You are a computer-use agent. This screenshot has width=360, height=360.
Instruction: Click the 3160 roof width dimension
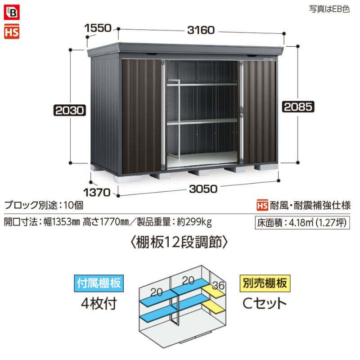(201, 30)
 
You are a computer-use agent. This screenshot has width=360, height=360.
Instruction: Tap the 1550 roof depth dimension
(98, 28)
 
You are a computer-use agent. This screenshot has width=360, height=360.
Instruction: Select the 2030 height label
(70, 110)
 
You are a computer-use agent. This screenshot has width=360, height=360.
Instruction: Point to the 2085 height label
(298, 107)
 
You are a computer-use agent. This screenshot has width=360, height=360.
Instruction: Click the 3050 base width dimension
(203, 189)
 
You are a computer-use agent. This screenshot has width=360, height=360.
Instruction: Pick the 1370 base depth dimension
(97, 193)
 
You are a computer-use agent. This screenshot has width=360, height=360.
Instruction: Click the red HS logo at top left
(12, 31)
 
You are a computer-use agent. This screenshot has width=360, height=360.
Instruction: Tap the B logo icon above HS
(12, 12)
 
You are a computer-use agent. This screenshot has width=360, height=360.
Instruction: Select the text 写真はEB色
(329, 9)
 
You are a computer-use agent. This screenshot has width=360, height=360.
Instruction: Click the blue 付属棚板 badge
(99, 283)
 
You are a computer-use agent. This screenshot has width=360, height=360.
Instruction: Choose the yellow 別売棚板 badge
(265, 283)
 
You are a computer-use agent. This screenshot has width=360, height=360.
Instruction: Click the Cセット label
(265, 303)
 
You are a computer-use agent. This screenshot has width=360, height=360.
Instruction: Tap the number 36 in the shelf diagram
(218, 285)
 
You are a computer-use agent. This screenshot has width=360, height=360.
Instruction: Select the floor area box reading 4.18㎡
(302, 223)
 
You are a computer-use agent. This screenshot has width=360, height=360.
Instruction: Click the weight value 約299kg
(194, 222)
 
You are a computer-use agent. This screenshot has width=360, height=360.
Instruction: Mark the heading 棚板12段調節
(179, 243)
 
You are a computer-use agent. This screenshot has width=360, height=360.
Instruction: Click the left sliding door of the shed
(142, 116)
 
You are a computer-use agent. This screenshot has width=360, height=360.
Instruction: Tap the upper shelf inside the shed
(202, 85)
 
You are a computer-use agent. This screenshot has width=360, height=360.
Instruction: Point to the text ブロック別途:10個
(44, 205)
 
